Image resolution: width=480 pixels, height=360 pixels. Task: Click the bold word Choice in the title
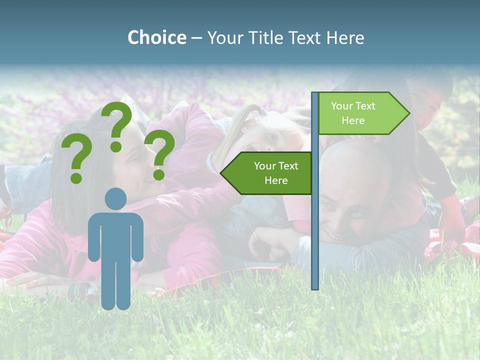[x=156, y=37]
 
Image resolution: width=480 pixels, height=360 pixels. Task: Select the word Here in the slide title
[x=345, y=37]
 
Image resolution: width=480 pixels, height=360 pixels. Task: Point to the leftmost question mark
[x=76, y=160]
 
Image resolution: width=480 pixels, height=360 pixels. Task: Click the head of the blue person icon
[x=115, y=198]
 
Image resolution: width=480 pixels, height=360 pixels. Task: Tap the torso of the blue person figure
[x=115, y=235]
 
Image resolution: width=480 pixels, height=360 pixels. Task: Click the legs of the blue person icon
[x=115, y=285]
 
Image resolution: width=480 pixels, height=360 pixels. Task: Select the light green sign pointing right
[x=360, y=113]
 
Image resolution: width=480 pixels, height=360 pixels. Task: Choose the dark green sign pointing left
[x=270, y=173]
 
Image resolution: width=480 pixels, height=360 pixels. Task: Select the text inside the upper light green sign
[x=353, y=113]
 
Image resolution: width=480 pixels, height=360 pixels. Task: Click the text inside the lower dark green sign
[x=276, y=173]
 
